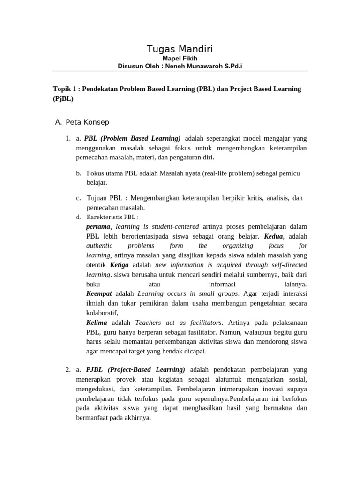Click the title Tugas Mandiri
[x=180, y=49]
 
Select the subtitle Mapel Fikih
[x=180, y=59]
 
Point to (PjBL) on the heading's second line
[x=63, y=99]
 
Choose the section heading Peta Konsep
[x=87, y=122]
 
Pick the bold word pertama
[x=99, y=226]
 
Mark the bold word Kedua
[x=273, y=236]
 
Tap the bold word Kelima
[x=97, y=322]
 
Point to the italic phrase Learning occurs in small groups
[x=187, y=293]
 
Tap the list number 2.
[x=68, y=369]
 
